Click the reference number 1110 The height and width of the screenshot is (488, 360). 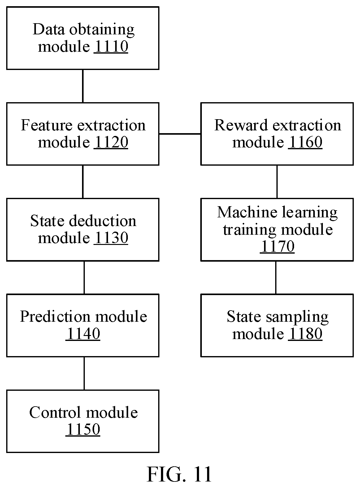(111, 46)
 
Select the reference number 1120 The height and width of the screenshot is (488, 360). (111, 142)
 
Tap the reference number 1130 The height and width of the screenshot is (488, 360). (111, 238)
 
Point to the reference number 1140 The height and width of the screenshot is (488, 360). (83, 334)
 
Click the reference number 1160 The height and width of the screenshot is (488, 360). (305, 142)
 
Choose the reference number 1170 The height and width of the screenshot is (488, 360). (277, 246)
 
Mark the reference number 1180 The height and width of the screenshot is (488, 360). (305, 334)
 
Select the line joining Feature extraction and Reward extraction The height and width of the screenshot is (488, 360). (180, 133)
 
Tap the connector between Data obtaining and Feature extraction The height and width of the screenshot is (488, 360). (83, 86)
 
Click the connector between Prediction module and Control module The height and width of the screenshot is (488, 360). (84, 373)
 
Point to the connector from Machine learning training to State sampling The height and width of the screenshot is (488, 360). (276, 278)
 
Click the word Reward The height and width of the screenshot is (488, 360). (241, 125)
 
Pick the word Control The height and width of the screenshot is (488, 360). (55, 412)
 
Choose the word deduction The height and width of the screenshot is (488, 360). (102, 221)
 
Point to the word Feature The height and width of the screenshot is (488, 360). (47, 125)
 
